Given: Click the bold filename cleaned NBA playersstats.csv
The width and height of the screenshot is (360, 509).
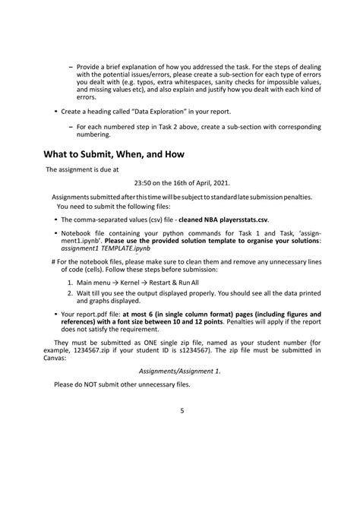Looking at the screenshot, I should [216, 218].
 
